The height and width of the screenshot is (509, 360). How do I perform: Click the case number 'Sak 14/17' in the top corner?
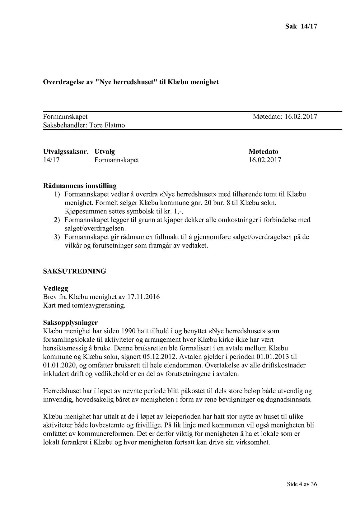[x=301, y=26]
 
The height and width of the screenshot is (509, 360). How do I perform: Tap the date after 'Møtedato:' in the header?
[x=301, y=117]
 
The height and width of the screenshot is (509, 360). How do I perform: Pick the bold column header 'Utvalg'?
[x=105, y=152]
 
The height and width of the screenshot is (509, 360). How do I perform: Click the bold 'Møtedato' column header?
[x=263, y=152]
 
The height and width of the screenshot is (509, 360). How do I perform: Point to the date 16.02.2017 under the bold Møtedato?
[x=265, y=160]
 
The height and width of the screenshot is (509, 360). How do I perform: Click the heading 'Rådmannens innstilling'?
[x=80, y=186]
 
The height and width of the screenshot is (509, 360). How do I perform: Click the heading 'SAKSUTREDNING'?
[x=75, y=271]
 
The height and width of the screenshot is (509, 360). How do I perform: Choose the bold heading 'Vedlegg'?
[x=55, y=288]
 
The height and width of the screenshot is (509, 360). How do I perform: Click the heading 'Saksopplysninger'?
[x=70, y=323]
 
